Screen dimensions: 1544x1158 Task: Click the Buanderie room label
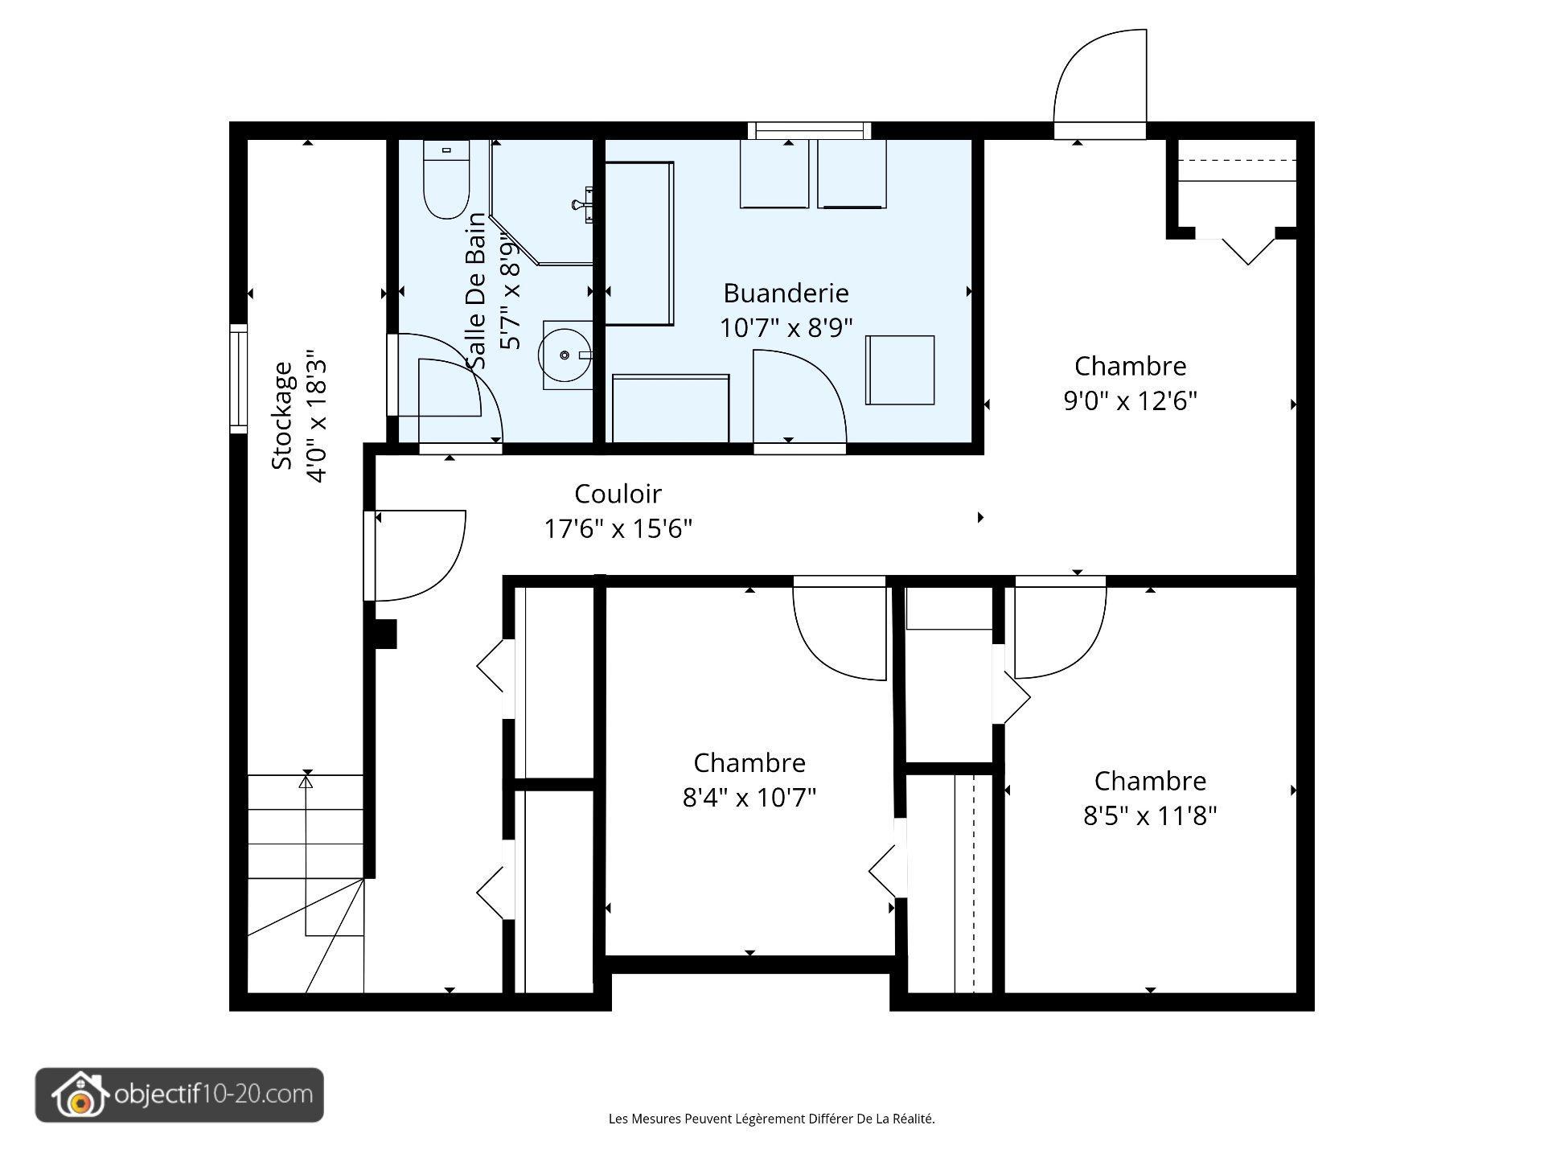coord(786,293)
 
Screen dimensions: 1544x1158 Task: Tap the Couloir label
coord(618,493)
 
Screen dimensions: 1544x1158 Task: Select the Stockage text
coord(282,415)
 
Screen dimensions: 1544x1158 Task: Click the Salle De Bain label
coord(477,291)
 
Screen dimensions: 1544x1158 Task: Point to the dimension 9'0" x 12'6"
coord(1131,400)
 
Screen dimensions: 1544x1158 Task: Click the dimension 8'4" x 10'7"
coord(749,797)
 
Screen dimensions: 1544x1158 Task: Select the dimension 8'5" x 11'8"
coord(1150,815)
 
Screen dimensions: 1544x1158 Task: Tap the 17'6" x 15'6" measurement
coord(618,528)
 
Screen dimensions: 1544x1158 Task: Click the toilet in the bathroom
coord(446,179)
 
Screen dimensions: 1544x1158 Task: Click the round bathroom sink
coord(566,355)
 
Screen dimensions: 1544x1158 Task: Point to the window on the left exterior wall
coord(238,379)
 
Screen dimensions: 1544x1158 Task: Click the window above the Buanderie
coord(809,130)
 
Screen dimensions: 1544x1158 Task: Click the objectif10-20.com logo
coord(179,1094)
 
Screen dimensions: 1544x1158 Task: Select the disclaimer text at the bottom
coord(772,1119)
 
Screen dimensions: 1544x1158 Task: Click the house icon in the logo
coord(79,1094)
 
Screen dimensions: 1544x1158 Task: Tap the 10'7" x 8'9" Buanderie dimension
coord(786,328)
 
